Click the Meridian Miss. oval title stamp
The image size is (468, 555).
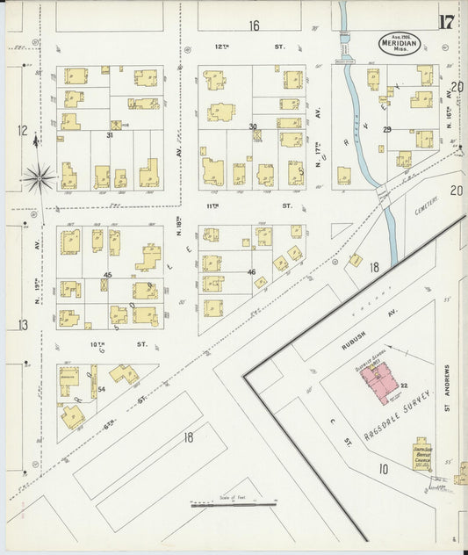[x=400, y=42]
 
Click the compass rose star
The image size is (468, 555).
[x=39, y=178]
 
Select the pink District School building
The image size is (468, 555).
[x=380, y=383]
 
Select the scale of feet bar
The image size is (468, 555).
[x=234, y=505]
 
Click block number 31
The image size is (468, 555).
[x=110, y=135]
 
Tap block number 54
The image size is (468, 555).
[x=102, y=388]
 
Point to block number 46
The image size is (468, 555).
[x=251, y=272]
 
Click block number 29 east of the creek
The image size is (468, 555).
[x=386, y=129]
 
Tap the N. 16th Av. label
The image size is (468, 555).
[x=447, y=132]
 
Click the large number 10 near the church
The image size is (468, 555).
[x=384, y=470]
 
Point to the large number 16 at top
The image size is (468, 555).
[x=254, y=25]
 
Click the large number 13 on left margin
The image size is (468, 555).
[x=22, y=325]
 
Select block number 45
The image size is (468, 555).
[x=107, y=276]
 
